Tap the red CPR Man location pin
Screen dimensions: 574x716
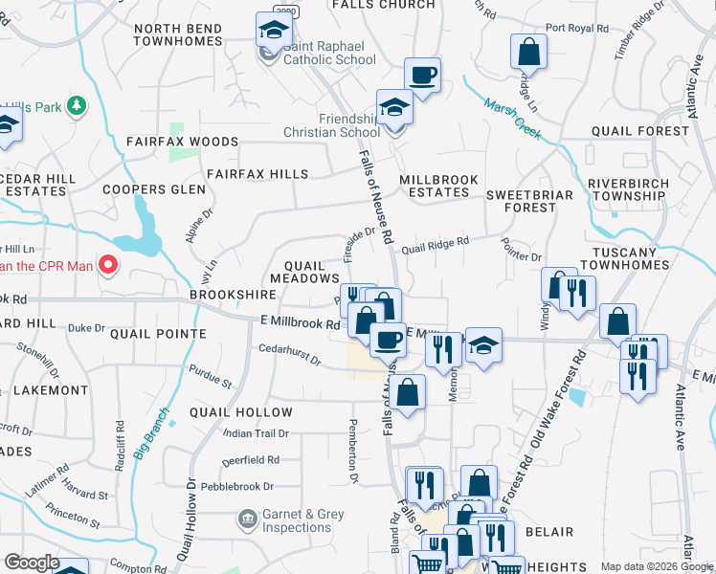pos(108,266)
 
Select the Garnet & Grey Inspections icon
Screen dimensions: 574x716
pos(247,519)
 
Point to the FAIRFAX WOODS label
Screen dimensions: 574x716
pos(181,142)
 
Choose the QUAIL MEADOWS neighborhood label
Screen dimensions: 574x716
pos(305,272)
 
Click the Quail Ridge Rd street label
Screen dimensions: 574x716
pos(435,246)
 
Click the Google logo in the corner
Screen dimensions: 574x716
pos(32,563)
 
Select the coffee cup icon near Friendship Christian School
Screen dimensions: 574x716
pos(422,75)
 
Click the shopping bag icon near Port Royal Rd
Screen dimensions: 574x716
pos(528,51)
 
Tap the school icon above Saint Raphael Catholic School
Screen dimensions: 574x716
pos(274,30)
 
